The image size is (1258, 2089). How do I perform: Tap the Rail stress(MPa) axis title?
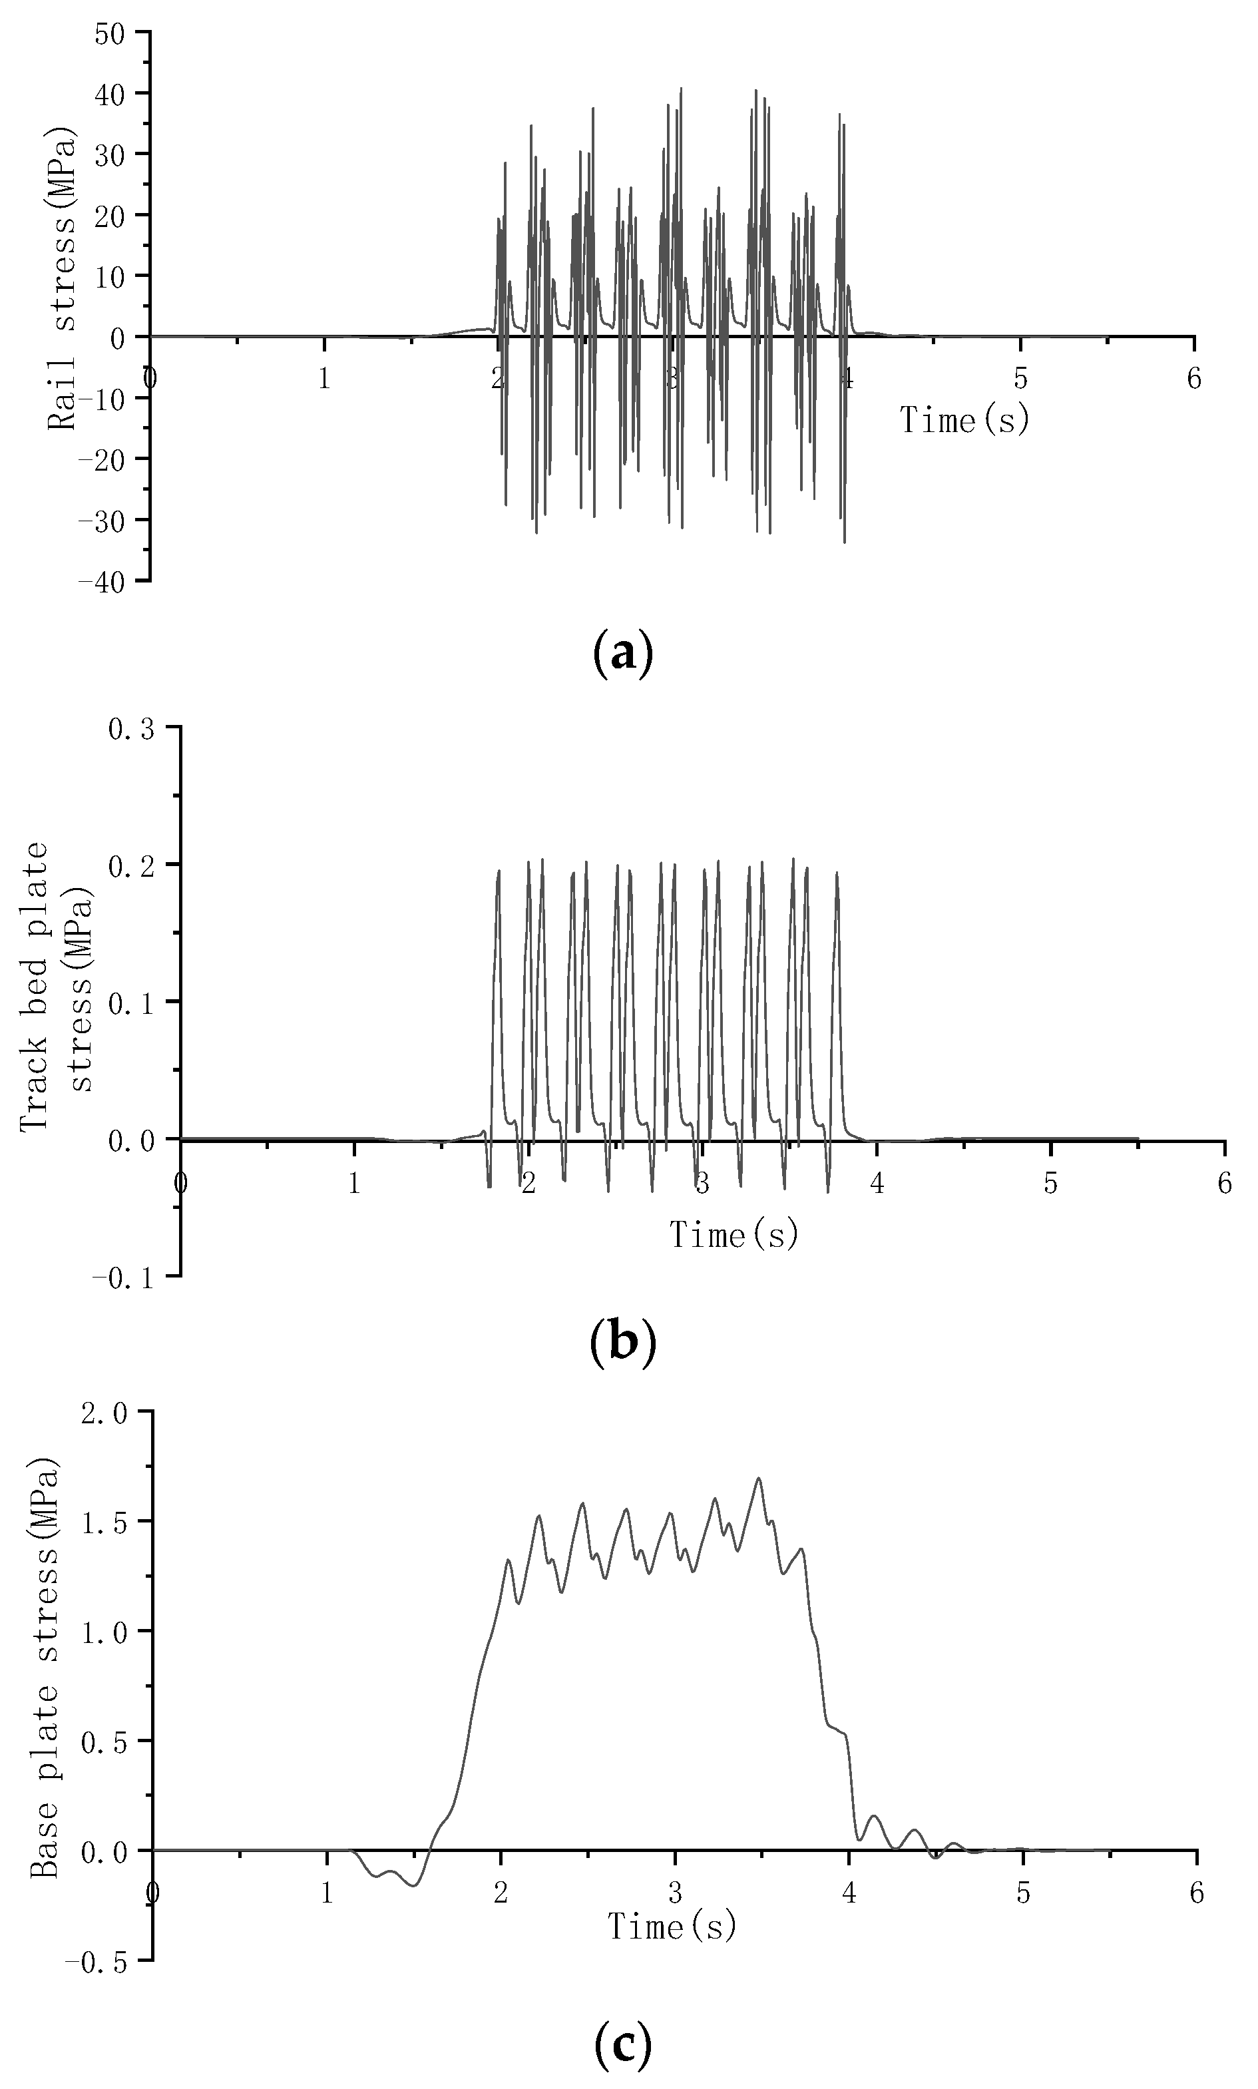[63, 280]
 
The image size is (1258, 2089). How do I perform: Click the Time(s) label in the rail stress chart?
[964, 419]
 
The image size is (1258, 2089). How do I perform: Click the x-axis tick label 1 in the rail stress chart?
[324, 379]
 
